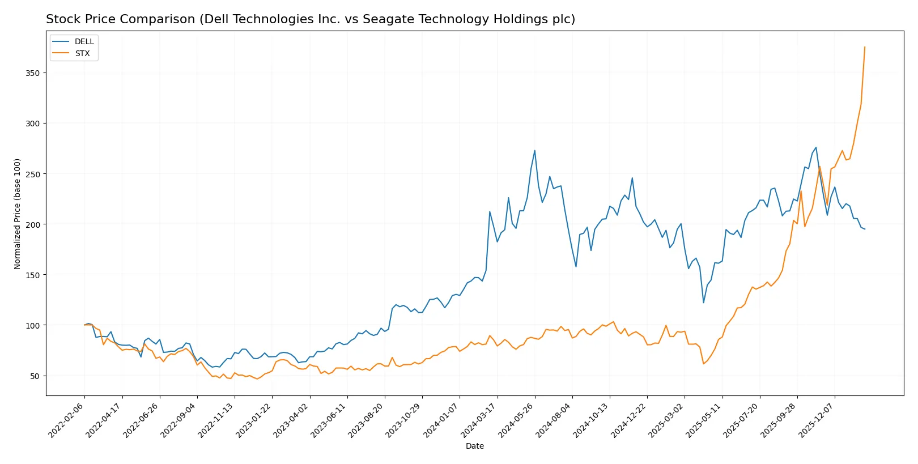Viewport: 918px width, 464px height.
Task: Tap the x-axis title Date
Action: pyautogui.click(x=474, y=446)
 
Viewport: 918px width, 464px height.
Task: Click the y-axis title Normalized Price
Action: pyautogui.click(x=18, y=214)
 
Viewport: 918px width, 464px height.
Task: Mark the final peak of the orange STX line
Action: pyautogui.click(x=865, y=47)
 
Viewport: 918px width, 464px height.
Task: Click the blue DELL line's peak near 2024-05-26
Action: pyautogui.click(x=534, y=151)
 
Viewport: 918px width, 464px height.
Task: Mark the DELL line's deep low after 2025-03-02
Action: pyautogui.click(x=703, y=303)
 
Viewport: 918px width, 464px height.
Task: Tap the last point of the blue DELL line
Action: pyautogui.click(x=865, y=229)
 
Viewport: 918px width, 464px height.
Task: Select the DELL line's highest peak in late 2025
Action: pyautogui.click(x=816, y=147)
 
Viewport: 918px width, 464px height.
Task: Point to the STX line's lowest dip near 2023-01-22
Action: pyautogui.click(x=257, y=378)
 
